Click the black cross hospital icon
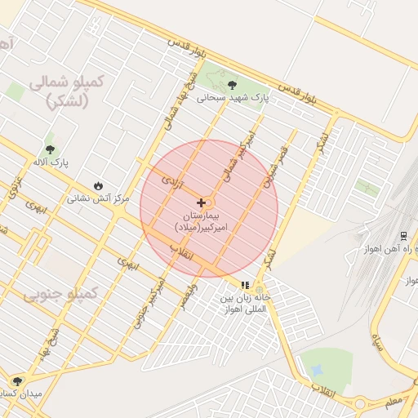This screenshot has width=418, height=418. (201, 202)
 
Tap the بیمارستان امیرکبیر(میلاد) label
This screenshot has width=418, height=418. (207, 219)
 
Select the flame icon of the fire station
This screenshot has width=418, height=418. (100, 186)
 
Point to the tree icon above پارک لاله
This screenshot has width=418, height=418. (51, 149)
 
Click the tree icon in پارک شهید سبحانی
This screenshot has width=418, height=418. (233, 85)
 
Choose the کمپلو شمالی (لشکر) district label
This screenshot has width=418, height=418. (64, 91)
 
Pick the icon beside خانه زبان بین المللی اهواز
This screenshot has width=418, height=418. (244, 285)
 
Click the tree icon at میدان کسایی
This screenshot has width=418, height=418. (17, 381)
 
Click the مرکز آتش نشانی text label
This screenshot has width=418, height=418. (97, 198)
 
